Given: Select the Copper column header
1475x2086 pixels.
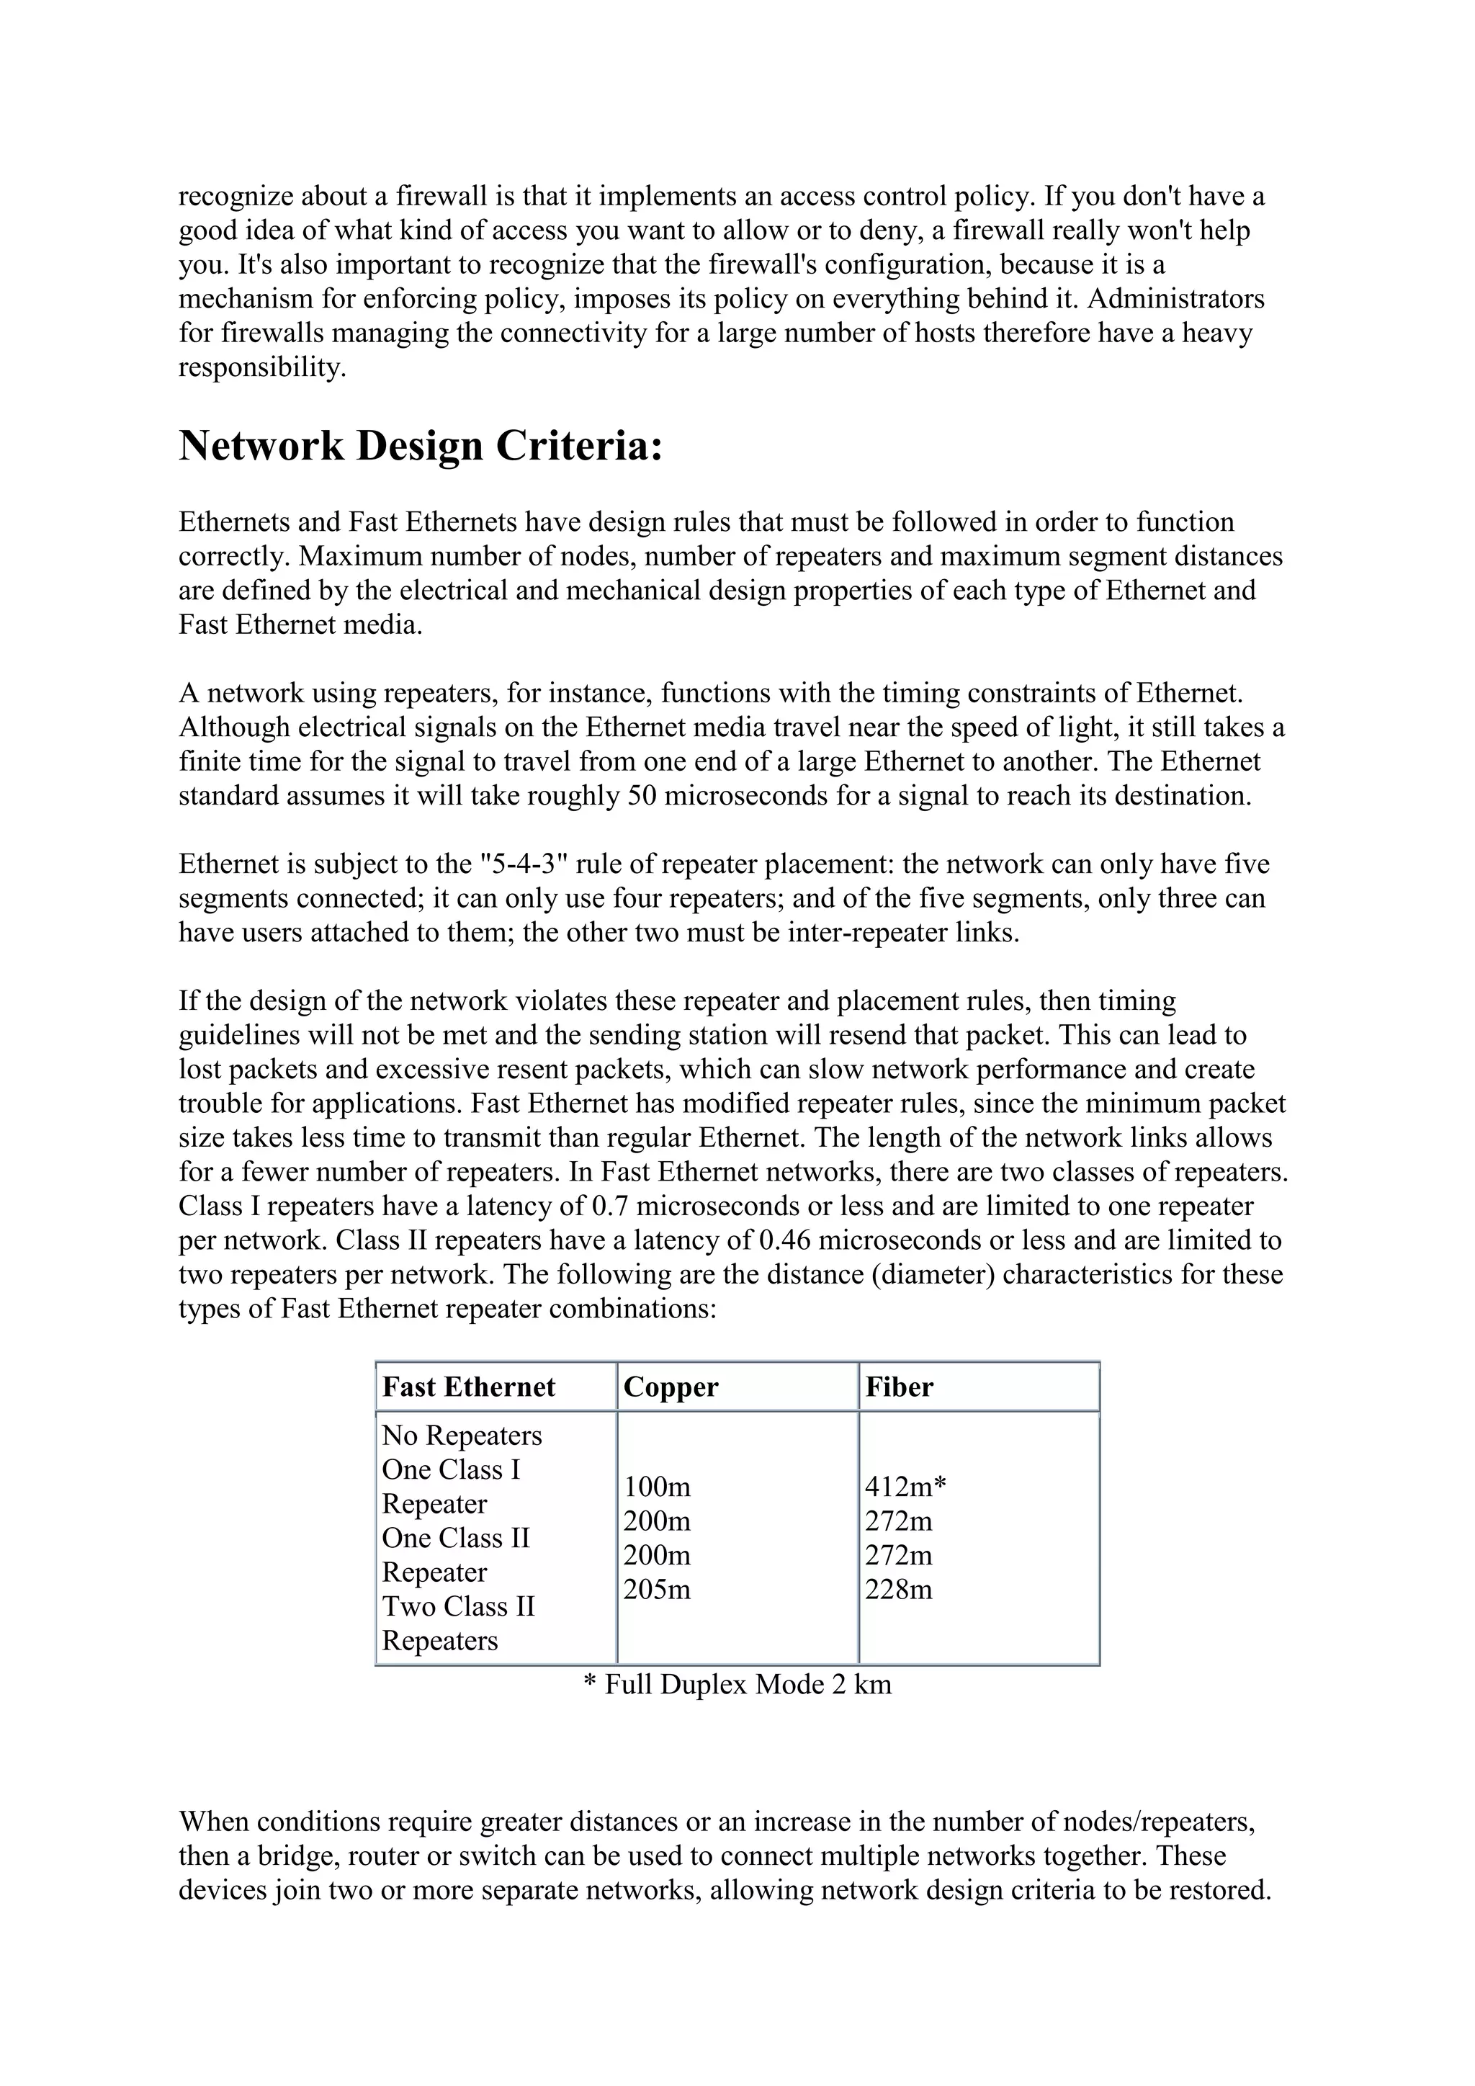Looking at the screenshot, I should pos(671,1387).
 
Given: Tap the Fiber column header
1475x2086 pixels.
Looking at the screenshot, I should pos(898,1387).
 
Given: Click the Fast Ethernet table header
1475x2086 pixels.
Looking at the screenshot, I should pos(469,1387).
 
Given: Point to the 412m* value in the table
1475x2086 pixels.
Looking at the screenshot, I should pos(905,1487).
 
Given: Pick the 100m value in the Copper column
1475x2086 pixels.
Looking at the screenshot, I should pos(657,1487).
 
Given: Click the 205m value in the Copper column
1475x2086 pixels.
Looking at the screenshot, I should pos(657,1590).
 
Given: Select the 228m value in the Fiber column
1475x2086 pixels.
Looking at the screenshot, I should pos(898,1590).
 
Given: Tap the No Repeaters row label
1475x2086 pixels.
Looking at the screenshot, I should pos(462,1436).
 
